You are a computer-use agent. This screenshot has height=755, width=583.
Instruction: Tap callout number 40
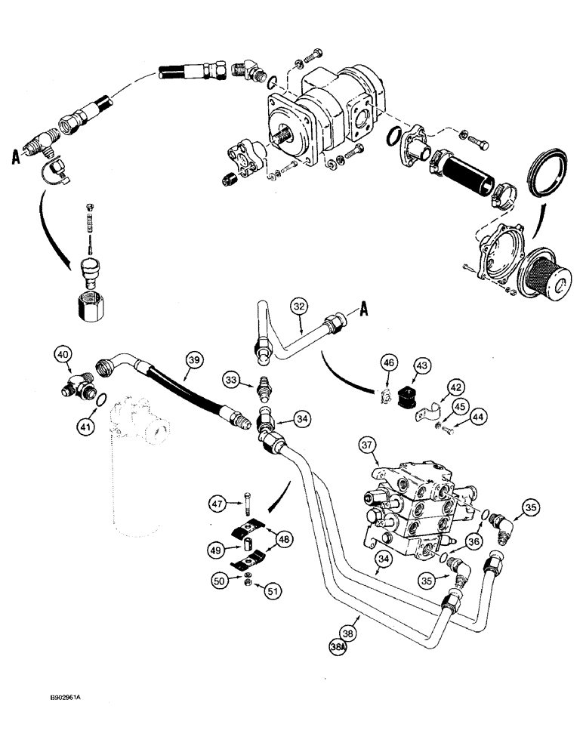62,354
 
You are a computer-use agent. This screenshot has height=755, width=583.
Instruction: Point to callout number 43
420,366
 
